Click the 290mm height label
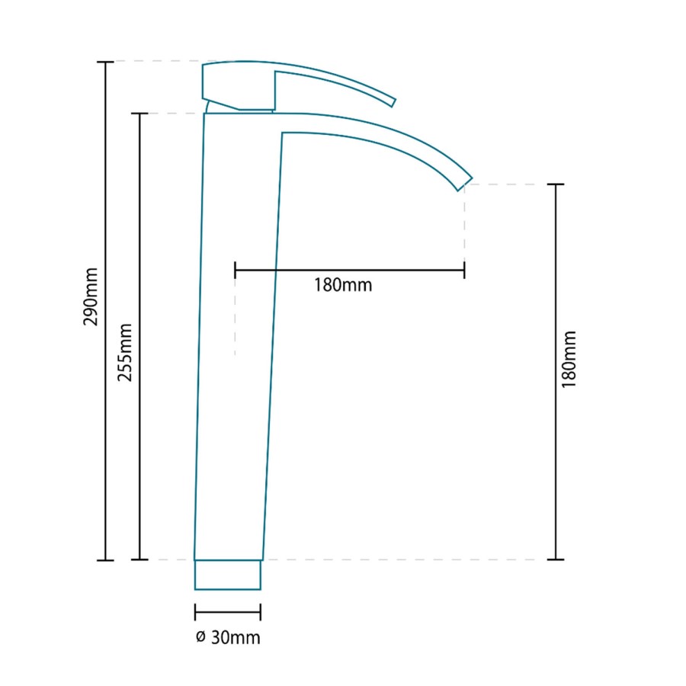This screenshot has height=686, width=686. point(91,297)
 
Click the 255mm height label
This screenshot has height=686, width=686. point(126,352)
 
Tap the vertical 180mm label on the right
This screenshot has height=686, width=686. point(569,359)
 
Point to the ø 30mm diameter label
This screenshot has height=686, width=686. point(228,637)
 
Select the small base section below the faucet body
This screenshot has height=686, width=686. point(228,575)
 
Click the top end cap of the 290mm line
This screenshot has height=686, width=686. point(105,62)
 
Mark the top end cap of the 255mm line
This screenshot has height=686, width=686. point(139,114)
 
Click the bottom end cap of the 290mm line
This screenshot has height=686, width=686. point(105,560)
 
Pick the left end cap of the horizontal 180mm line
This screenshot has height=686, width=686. point(236,269)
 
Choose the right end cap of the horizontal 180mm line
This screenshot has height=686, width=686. point(464,269)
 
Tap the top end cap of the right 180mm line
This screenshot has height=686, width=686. point(556,184)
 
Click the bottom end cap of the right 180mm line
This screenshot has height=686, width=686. point(556,559)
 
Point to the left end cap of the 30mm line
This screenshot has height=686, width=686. point(195,612)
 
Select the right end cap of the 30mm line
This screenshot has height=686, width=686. point(261,612)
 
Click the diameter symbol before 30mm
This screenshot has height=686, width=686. point(200,637)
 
